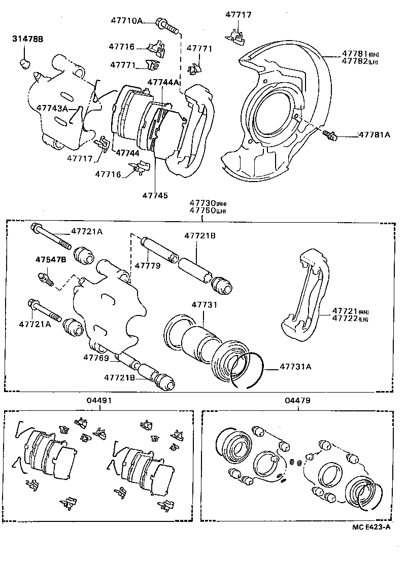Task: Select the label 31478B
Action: (x=28, y=39)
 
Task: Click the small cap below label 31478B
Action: (x=24, y=63)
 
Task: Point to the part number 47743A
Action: (x=52, y=109)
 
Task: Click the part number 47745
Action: (x=155, y=195)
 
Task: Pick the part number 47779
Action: (x=148, y=265)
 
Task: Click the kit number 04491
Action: (x=99, y=400)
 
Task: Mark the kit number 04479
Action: (x=298, y=400)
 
